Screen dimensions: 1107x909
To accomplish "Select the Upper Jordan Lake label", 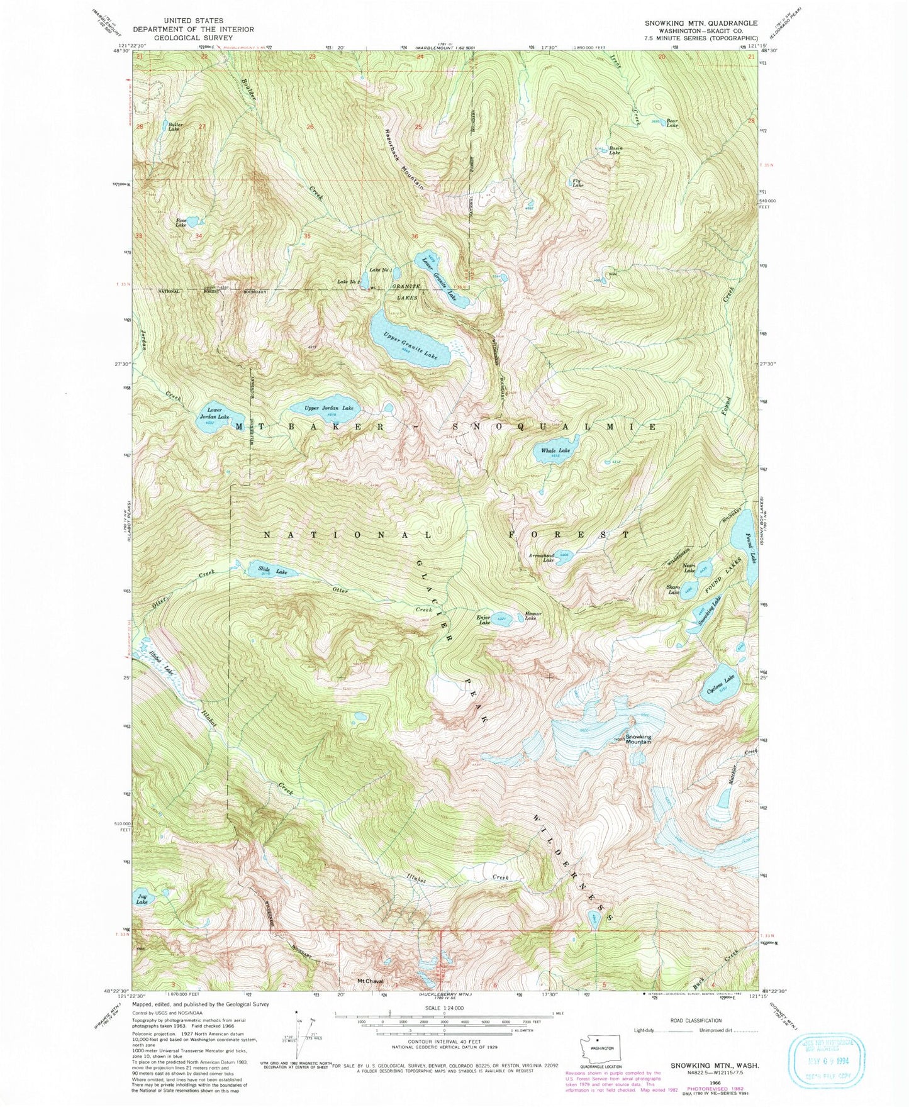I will tap(328, 408).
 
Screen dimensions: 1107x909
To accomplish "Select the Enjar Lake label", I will tap(484, 620).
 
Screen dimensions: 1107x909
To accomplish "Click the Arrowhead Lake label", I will tap(544, 558).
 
